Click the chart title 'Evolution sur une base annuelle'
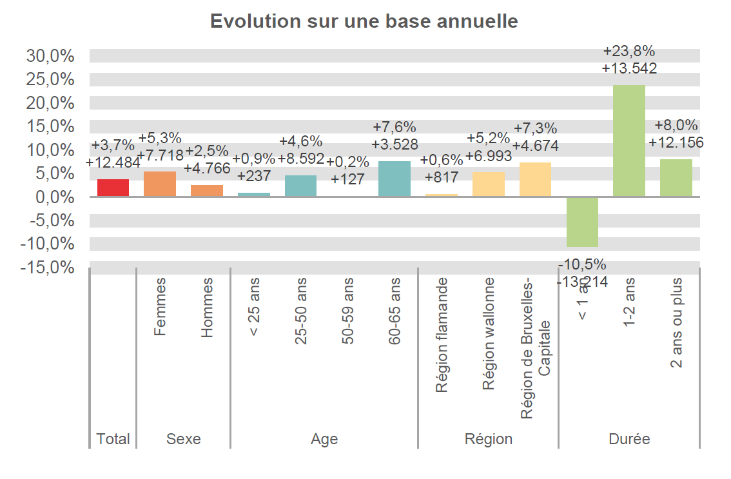pos(364,21)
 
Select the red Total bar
pos(113,188)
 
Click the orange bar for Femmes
pos(160,184)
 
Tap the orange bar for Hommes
pos(207,191)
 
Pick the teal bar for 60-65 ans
pos(395,179)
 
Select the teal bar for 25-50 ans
pos(300,186)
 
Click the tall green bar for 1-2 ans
pos(629,141)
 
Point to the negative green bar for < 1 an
pos(582,222)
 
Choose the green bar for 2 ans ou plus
pos(676,178)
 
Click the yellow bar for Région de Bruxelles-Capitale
pos(535,179)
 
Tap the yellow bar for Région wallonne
pos(489,184)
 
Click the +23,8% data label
pos(629,51)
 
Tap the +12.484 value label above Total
pos(113,163)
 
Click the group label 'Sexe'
pos(184,439)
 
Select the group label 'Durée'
pos(629,439)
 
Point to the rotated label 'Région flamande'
pos(442,335)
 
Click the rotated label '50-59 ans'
pos(348,311)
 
